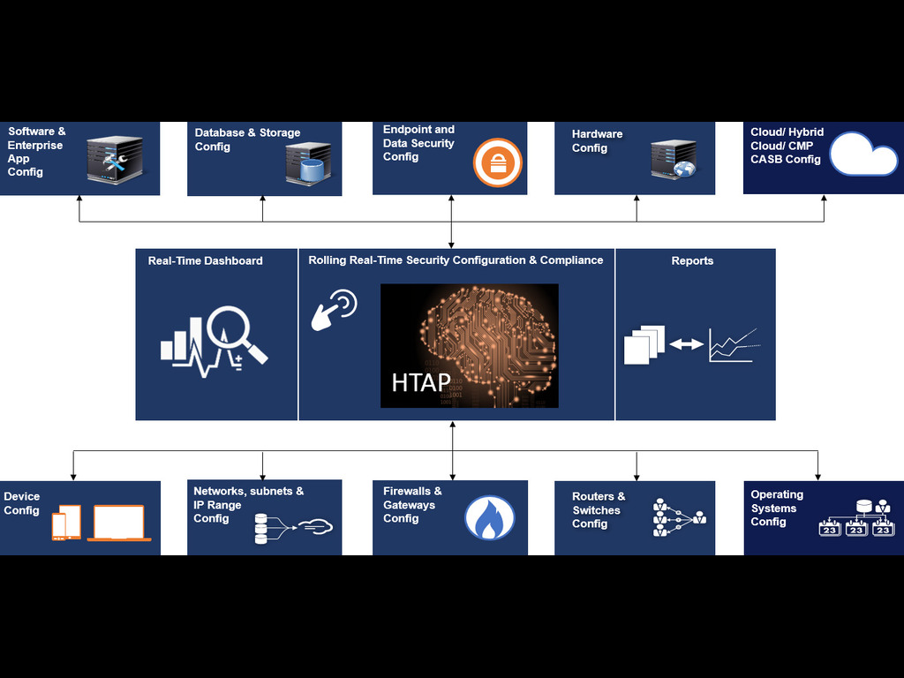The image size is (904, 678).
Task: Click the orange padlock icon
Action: (498, 162)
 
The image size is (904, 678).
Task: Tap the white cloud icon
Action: (863, 154)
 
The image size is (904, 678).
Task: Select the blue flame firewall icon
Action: (489, 517)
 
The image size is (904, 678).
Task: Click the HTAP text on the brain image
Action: (421, 382)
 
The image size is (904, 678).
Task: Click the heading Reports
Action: (692, 260)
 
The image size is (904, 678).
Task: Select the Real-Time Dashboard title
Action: (205, 260)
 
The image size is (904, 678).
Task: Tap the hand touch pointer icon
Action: (334, 310)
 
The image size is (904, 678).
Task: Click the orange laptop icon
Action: (119, 524)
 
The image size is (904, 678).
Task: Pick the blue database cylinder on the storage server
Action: (312, 170)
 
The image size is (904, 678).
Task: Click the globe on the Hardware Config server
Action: (684, 169)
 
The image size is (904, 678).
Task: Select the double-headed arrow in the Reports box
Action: (686, 344)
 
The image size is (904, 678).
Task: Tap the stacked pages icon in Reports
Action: (644, 345)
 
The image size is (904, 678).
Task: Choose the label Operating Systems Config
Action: (777, 508)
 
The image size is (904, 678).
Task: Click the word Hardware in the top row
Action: (598, 134)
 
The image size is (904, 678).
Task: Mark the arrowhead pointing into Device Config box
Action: (73, 476)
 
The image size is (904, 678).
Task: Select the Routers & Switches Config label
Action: (599, 509)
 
